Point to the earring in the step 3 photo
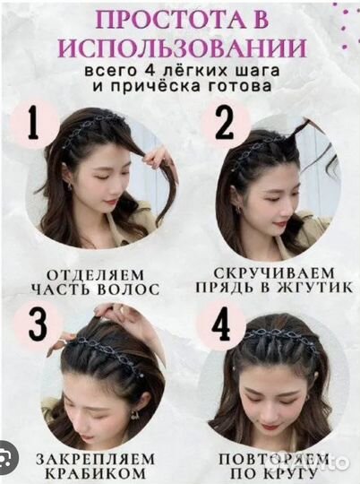coord(134,415)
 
